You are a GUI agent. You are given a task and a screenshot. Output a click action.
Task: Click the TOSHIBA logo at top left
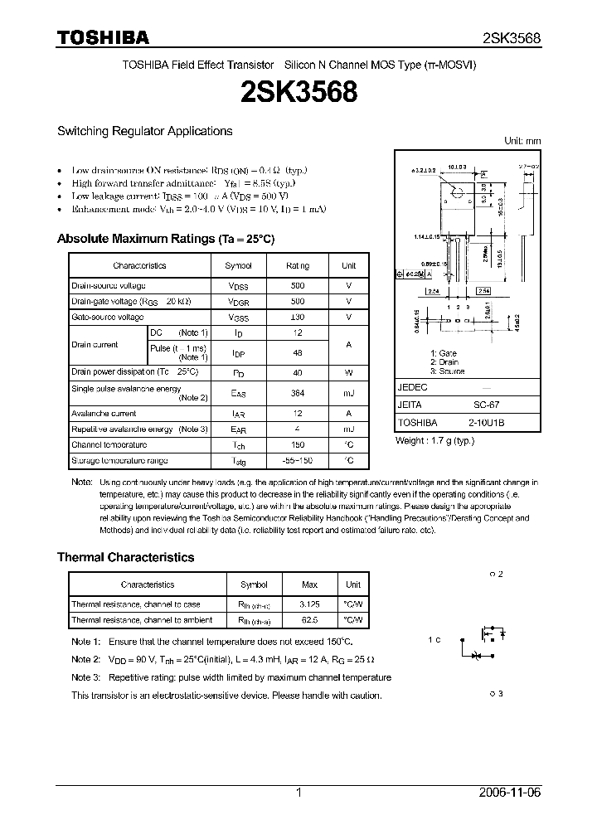point(103,37)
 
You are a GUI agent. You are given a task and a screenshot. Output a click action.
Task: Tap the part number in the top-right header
point(512,38)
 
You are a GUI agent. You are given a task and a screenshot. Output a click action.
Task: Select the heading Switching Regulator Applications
point(144,131)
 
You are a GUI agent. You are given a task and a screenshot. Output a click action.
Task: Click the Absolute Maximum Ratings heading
point(165,239)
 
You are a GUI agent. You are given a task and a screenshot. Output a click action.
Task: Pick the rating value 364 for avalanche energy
point(298,393)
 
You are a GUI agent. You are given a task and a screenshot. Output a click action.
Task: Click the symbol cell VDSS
point(238,286)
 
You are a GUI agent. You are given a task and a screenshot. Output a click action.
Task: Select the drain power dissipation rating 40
point(298,372)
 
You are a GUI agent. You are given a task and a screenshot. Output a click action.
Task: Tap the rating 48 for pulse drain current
point(298,352)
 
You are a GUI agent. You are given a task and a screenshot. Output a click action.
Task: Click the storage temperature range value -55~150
point(298,460)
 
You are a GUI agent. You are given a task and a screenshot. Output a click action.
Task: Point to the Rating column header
point(298,265)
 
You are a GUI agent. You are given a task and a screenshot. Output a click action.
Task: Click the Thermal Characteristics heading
point(125,558)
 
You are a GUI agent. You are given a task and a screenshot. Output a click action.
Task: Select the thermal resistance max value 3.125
point(310,604)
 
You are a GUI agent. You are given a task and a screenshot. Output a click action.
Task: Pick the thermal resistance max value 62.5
point(310,619)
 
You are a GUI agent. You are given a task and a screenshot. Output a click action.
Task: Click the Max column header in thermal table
point(310,584)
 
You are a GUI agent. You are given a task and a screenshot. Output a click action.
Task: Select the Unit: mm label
point(522,142)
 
